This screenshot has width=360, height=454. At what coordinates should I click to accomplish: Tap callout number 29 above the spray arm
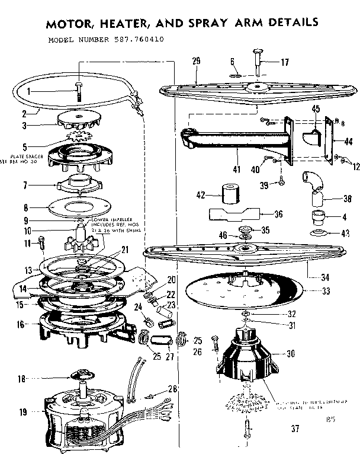[197, 61]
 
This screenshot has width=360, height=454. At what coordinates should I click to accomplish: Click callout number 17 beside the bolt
[285, 62]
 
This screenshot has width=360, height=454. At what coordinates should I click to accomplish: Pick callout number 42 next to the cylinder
[201, 194]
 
